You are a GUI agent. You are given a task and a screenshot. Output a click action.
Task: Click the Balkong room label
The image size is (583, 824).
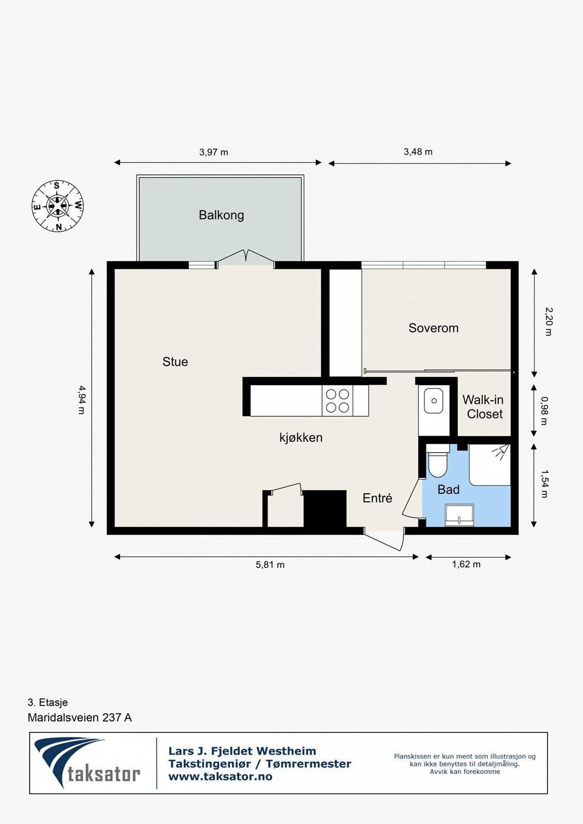click(221, 215)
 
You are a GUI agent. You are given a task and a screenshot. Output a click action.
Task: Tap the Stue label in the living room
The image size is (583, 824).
click(175, 362)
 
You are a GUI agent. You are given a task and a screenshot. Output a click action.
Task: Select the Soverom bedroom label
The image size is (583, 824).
click(434, 328)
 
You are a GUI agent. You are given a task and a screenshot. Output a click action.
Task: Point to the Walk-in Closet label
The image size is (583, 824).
click(483, 406)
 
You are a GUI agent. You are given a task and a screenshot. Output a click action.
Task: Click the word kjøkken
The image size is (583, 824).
click(301, 437)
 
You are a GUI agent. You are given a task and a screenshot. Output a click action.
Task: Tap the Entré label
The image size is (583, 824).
click(377, 498)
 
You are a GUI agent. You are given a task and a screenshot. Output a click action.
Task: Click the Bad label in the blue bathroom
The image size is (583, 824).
click(448, 489)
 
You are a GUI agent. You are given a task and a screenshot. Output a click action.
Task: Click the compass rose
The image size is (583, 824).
click(57, 206)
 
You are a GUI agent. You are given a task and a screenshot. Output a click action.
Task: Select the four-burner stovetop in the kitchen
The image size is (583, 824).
click(337, 401)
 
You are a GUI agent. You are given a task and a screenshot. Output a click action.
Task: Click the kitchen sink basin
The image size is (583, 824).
click(434, 401)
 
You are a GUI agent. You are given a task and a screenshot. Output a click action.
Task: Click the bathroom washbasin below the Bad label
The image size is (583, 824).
click(459, 515)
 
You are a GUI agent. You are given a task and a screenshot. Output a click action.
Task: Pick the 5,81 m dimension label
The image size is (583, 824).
click(270, 564)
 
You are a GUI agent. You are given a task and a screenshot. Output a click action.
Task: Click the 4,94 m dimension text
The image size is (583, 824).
click(81, 400)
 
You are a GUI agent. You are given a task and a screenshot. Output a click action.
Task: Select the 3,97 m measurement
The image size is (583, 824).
click(213, 152)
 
